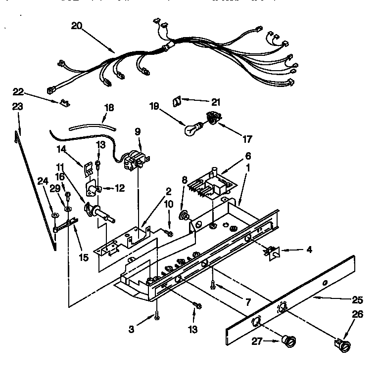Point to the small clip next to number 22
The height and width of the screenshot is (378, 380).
tap(63, 102)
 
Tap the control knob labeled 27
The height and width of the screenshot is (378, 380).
tap(287, 340)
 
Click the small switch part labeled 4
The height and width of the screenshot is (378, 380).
tap(272, 252)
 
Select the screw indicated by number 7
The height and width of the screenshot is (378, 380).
tap(213, 284)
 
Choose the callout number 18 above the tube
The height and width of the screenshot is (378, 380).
tap(108, 107)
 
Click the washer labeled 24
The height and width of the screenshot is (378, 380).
tap(54, 215)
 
